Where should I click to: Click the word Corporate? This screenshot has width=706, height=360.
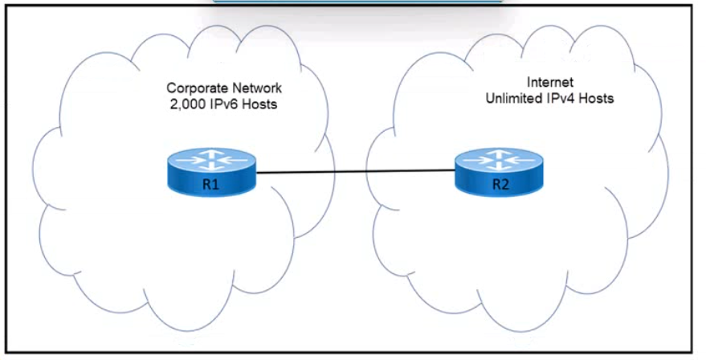tap(198, 88)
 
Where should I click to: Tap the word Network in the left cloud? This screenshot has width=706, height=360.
tap(258, 88)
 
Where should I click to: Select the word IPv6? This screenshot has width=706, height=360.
tap(222, 104)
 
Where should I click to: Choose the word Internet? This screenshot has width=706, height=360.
tap(549, 82)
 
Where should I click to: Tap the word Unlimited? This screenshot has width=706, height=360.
tap(514, 98)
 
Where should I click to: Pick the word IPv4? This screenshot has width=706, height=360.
tap(561, 98)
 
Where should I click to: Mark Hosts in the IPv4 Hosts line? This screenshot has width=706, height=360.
tap(596, 98)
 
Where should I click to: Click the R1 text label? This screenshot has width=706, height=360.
tap(210, 184)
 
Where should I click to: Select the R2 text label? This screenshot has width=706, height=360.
tap(500, 184)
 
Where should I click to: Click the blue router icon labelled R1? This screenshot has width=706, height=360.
tap(211, 172)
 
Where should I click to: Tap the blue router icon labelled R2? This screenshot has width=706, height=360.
tap(499, 172)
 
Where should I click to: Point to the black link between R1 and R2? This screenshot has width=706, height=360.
tap(355, 172)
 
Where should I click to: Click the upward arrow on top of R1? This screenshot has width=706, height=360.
tap(211, 154)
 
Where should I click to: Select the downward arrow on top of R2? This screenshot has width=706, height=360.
tap(499, 166)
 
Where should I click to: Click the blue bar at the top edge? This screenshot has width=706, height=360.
tap(358, 2)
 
